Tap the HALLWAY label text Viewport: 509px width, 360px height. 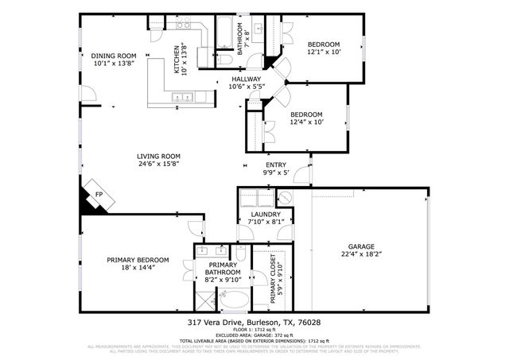tap(247, 79)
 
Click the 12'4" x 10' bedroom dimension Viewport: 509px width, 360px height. tap(306, 122)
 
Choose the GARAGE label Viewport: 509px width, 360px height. tap(360, 246)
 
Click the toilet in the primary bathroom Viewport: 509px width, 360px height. tap(240, 255)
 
